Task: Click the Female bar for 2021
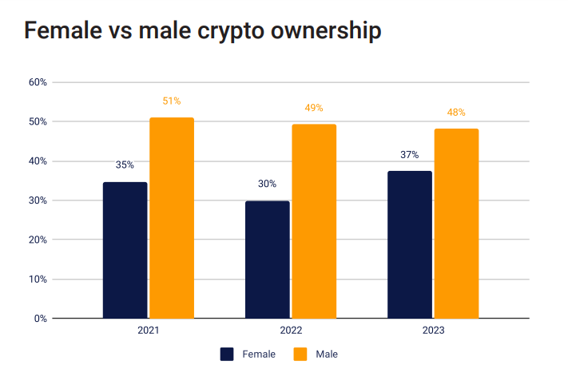click(x=125, y=250)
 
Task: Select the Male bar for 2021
click(x=172, y=218)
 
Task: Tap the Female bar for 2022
click(x=267, y=260)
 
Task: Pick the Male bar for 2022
click(x=314, y=221)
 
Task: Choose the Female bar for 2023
click(x=410, y=244)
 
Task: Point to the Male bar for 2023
click(x=456, y=224)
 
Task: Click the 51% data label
click(x=172, y=101)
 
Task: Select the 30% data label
click(x=267, y=184)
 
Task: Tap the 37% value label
click(x=410, y=154)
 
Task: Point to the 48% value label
click(x=456, y=113)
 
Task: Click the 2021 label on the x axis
click(x=149, y=330)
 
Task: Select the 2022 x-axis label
click(x=291, y=330)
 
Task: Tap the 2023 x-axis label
click(x=433, y=330)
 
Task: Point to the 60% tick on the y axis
click(x=38, y=82)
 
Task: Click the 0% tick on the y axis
click(x=41, y=319)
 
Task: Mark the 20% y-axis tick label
click(x=38, y=240)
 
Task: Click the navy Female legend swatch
click(x=227, y=354)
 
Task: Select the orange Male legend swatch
click(x=300, y=354)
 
